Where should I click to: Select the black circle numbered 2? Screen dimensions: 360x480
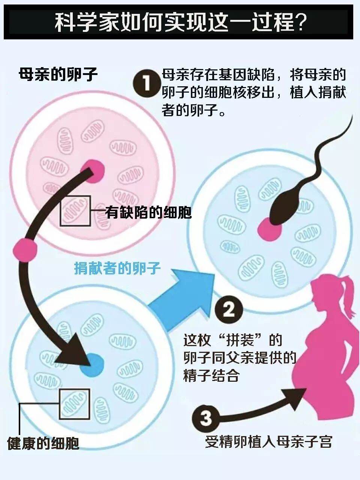(x=229, y=310)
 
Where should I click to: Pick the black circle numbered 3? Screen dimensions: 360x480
(x=206, y=418)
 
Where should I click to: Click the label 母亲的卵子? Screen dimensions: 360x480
(x=58, y=74)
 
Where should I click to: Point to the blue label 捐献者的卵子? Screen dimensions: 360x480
(x=117, y=268)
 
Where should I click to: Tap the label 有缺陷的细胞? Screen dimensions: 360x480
(x=148, y=213)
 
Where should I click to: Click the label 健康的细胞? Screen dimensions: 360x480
(x=43, y=444)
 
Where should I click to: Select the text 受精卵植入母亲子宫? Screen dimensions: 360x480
(x=268, y=442)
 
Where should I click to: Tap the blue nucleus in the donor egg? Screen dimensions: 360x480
(x=91, y=365)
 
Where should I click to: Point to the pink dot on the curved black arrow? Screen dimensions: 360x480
(x=25, y=249)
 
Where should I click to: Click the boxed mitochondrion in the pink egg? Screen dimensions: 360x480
(x=75, y=211)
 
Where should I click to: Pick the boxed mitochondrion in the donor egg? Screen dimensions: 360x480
(x=74, y=404)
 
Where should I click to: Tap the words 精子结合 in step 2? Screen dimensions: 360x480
(x=211, y=375)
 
